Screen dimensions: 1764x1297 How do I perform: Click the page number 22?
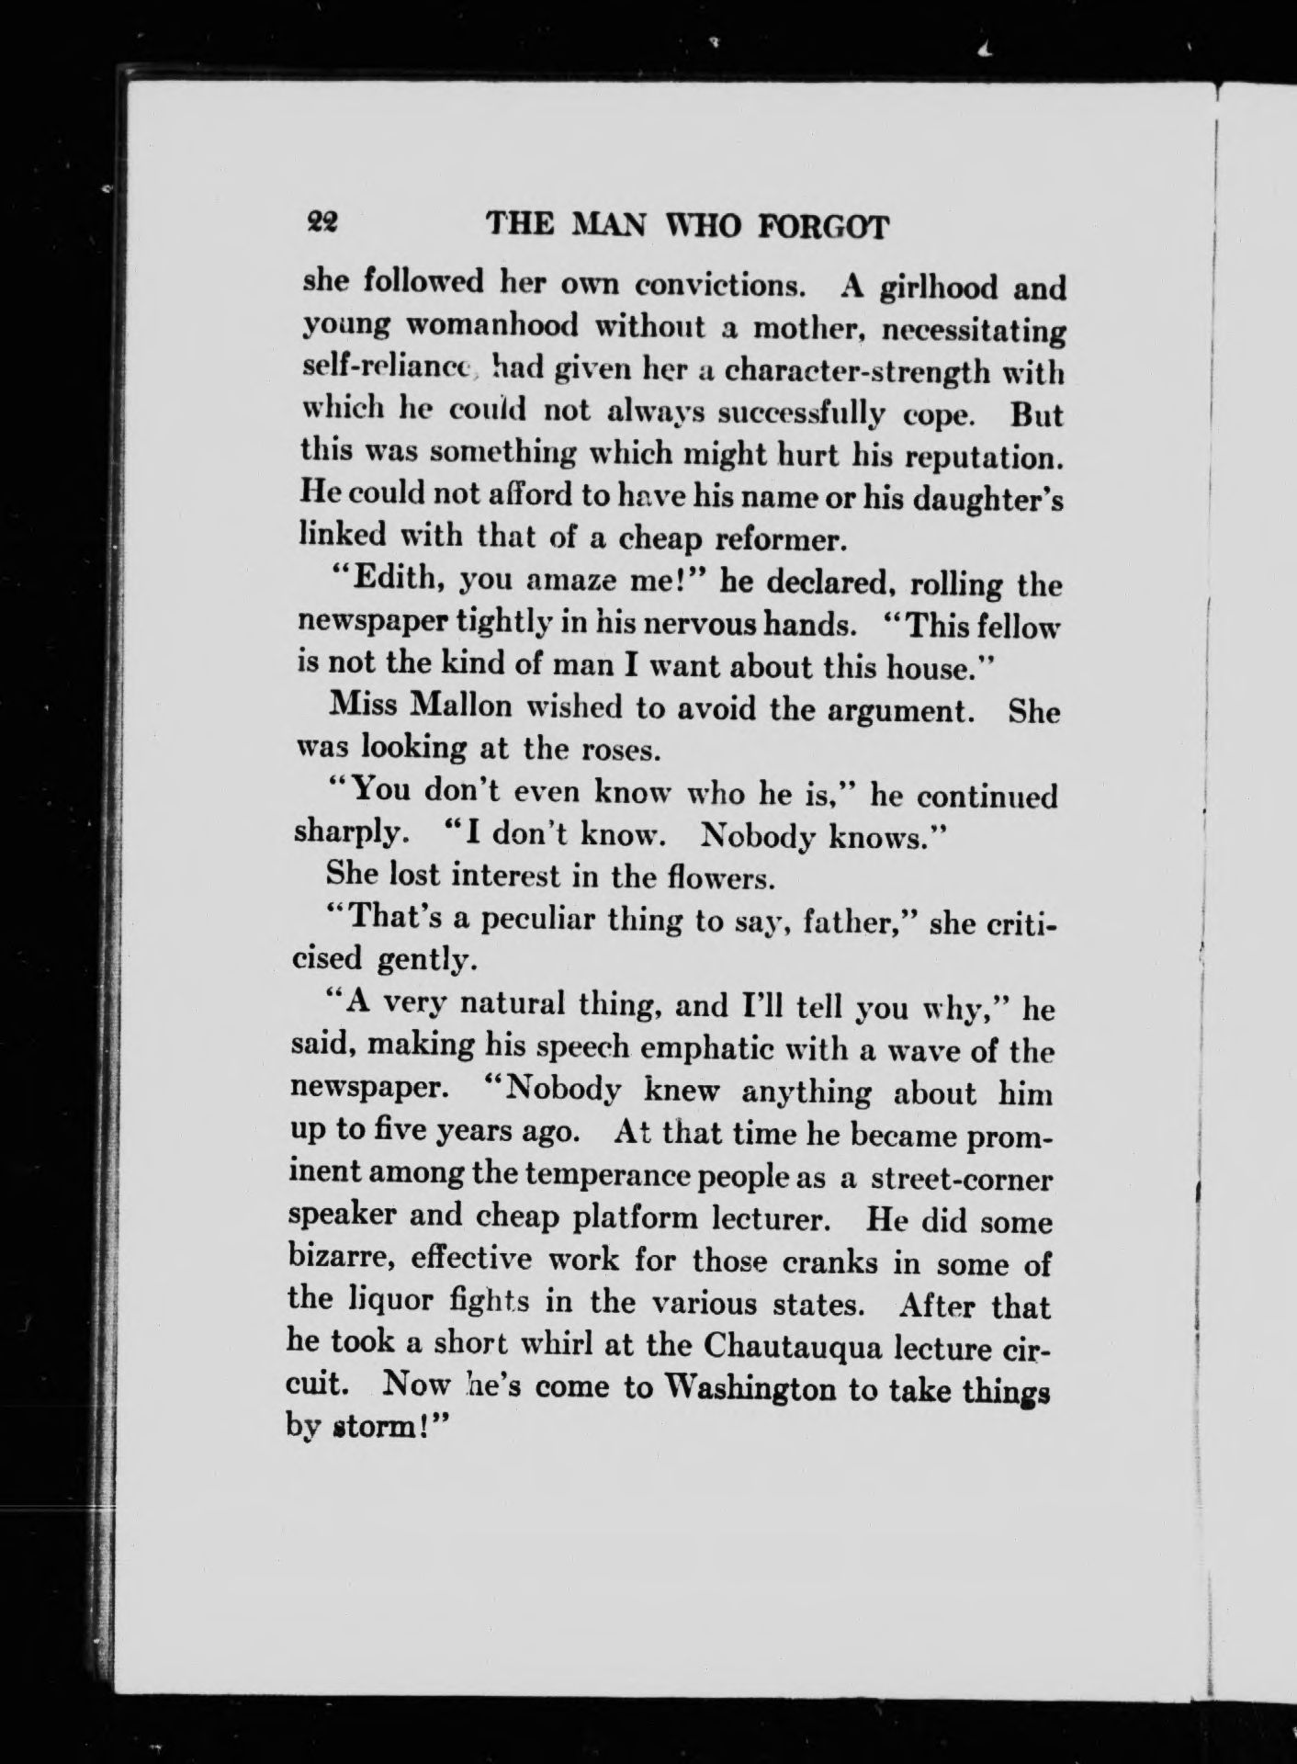[x=321, y=222]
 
